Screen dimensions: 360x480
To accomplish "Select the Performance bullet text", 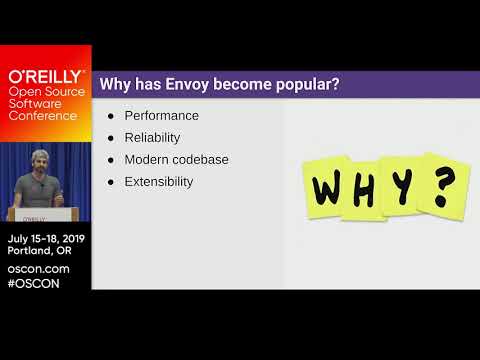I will point(161,115).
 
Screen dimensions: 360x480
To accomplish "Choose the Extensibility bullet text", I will point(158,182).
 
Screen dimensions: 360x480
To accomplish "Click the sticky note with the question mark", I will point(440,183).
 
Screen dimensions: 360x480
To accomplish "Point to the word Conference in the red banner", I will point(42,115).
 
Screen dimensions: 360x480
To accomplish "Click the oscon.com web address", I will point(38,268).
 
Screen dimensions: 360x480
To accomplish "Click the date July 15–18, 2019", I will point(46,239).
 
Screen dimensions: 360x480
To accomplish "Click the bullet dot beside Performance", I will point(111,115).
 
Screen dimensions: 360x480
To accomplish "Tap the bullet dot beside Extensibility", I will point(111,182).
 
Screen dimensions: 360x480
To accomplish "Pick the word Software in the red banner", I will point(39,103).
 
